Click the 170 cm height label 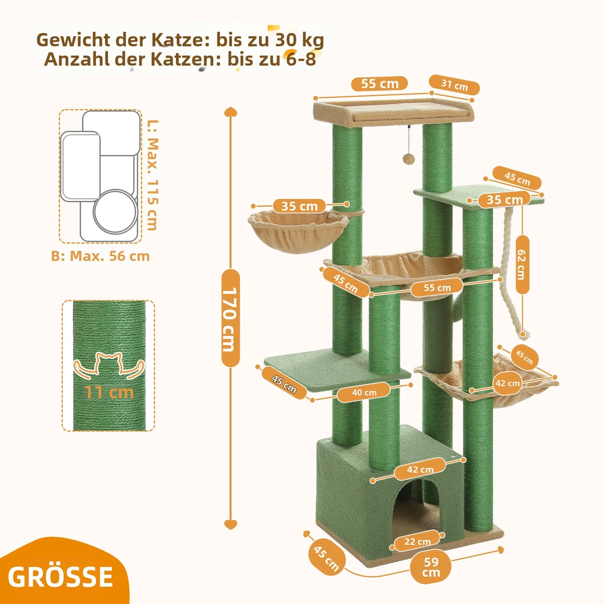coord(230,319)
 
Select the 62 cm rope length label coord(522,265)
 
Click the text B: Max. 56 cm coord(100,256)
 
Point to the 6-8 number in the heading coord(300,59)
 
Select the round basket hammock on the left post coord(298,230)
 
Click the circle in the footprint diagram coord(116,211)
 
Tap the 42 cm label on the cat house coord(420,469)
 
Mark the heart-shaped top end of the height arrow coord(231,112)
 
